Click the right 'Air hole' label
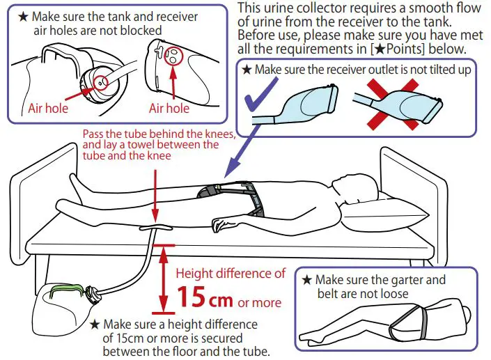pyautogui.click(x=169, y=108)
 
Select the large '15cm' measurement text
pyautogui.click(x=205, y=298)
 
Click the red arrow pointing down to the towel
pyautogui.click(x=155, y=195)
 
